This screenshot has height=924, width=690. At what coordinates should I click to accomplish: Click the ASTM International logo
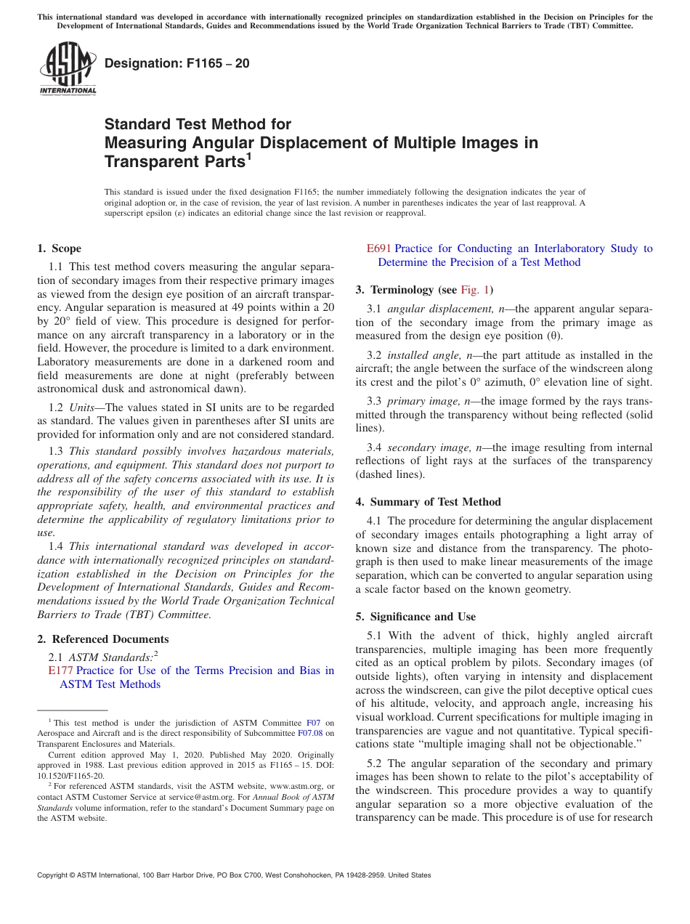tap(68, 69)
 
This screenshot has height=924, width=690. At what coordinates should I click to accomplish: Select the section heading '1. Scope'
tap(60, 248)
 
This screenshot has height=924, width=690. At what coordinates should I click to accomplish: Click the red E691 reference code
tap(379, 248)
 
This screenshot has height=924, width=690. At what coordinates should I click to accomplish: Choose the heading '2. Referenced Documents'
tap(103, 639)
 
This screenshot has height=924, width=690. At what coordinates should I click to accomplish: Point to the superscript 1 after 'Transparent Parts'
tap(248, 155)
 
